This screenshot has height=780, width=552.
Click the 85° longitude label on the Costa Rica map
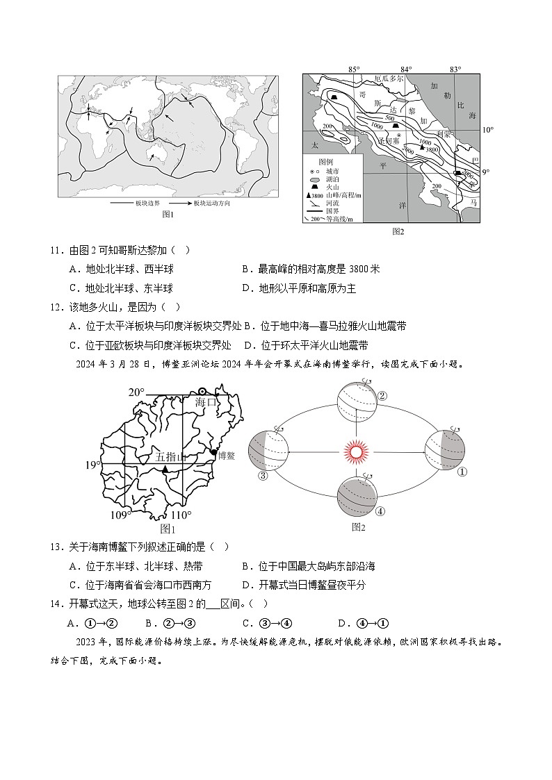click(353, 69)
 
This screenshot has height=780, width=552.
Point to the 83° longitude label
click(455, 69)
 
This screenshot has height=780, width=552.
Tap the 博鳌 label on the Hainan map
click(227, 456)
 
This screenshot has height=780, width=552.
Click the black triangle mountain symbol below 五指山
click(165, 470)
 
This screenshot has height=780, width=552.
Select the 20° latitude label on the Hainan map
click(136, 393)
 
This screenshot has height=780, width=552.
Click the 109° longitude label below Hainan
click(121, 515)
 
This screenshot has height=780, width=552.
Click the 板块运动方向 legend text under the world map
click(211, 204)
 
